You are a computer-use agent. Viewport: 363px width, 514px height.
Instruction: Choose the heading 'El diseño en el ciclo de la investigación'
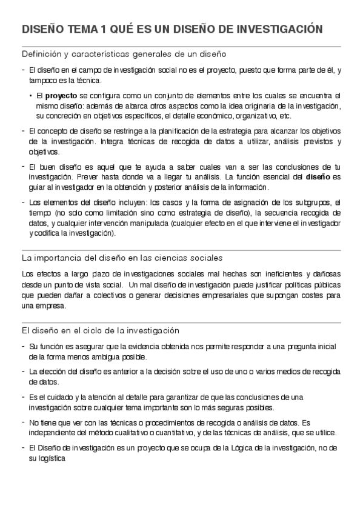click(101, 330)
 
